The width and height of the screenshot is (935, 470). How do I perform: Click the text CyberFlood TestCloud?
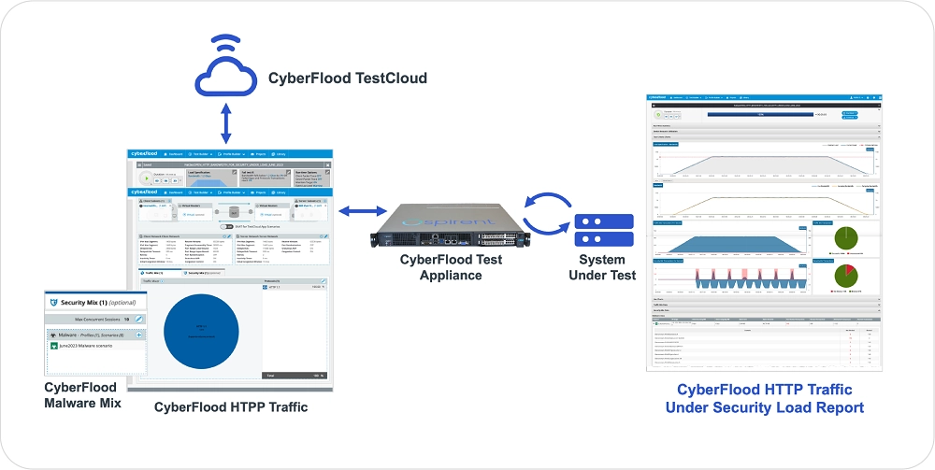[347, 78]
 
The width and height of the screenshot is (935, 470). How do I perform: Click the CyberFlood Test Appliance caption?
[451, 267]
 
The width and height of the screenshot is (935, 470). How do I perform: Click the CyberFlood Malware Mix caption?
[81, 394]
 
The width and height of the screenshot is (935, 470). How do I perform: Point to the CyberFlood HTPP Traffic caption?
[231, 407]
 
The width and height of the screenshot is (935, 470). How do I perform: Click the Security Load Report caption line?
[765, 407]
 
